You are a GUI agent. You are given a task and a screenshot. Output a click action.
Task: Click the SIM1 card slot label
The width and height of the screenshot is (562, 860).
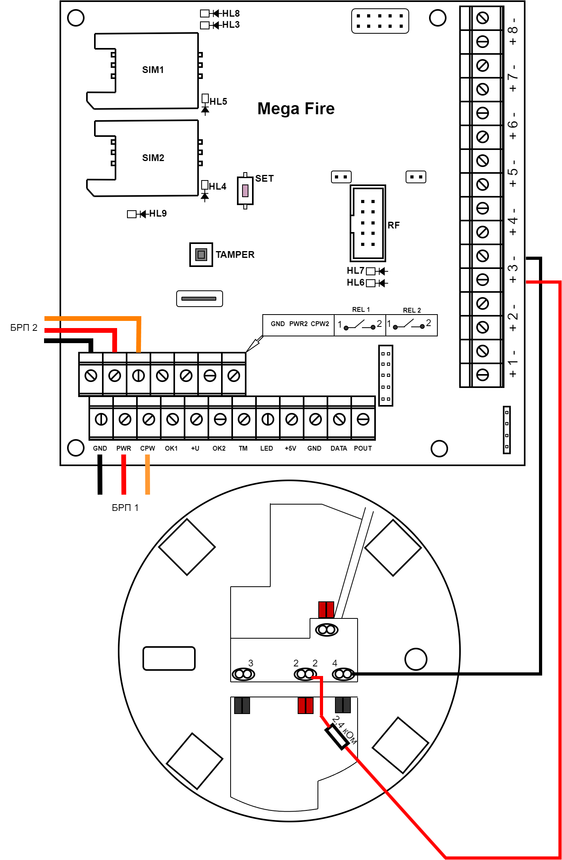(153, 70)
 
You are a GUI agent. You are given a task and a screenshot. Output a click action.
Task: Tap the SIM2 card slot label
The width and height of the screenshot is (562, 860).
(153, 158)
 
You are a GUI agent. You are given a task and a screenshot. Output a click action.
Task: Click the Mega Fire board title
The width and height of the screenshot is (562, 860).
(296, 109)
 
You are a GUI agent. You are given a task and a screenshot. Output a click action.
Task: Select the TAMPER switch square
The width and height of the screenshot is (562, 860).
(201, 254)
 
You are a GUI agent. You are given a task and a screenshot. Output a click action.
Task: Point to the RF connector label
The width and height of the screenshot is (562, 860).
(394, 225)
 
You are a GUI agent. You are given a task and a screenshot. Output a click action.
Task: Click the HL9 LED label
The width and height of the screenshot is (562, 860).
(158, 214)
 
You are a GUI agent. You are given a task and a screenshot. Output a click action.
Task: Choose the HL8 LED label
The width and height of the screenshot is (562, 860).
(231, 13)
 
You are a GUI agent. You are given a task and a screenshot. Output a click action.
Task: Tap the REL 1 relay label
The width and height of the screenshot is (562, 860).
(361, 309)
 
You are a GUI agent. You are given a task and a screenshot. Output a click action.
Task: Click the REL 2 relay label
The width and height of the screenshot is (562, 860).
(412, 310)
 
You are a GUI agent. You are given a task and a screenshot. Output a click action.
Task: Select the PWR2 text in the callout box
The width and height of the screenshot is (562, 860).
(298, 324)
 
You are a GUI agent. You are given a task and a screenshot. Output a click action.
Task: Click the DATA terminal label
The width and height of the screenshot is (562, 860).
(339, 448)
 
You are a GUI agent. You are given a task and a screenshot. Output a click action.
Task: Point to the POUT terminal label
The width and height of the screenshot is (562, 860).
(363, 448)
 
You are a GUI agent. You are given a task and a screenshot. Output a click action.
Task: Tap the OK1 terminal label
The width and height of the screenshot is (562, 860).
(171, 448)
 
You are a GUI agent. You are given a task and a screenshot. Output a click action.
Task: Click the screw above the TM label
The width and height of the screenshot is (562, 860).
(244, 419)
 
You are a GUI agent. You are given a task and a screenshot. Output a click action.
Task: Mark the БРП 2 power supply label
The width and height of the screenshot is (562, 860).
(24, 328)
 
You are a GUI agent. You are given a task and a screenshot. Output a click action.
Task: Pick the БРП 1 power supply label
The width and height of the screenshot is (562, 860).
(125, 508)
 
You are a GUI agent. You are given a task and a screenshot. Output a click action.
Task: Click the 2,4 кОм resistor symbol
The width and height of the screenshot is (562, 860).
(337, 737)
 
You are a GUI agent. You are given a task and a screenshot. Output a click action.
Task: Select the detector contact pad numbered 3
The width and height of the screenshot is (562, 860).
(243, 674)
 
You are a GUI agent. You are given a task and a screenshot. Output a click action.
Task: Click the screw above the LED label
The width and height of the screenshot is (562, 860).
(268, 419)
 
